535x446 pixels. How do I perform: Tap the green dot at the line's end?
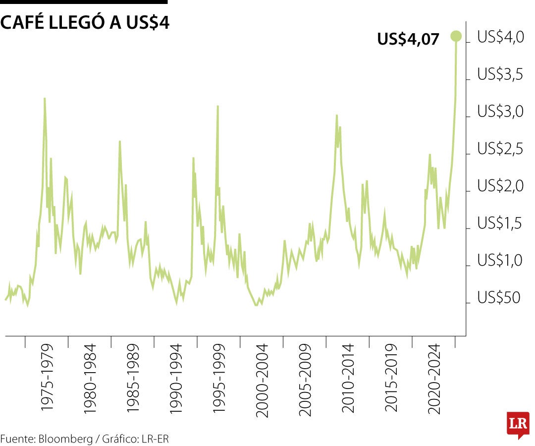[x=456, y=36]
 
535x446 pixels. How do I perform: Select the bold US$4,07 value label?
[x=408, y=39]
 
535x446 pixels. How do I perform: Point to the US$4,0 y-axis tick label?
[x=500, y=37]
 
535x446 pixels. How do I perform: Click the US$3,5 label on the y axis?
[x=500, y=74]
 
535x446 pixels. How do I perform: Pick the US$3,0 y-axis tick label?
[x=500, y=112]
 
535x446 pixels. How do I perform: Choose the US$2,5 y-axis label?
[x=500, y=149]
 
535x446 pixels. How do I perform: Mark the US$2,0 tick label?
[x=500, y=186]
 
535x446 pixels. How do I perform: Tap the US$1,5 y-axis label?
[x=500, y=223]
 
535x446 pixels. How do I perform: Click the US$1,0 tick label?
[x=500, y=261]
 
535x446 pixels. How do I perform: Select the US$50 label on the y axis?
[x=498, y=298]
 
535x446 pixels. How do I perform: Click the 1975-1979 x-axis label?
[x=48, y=377]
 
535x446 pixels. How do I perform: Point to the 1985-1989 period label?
[x=133, y=377]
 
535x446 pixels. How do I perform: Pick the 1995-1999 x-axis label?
[x=219, y=377]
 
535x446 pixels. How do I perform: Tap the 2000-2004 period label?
[x=263, y=377]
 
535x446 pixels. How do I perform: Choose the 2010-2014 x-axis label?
[x=349, y=377]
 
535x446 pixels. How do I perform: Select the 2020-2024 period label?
[x=434, y=377]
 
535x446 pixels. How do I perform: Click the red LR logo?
[x=517, y=424]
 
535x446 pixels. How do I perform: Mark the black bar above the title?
[x=84, y=2]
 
